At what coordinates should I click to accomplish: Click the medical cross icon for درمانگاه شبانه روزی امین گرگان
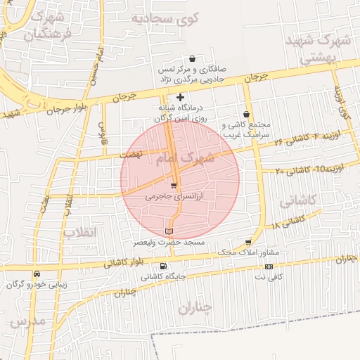[181, 97]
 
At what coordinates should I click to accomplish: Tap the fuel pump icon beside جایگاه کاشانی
[164, 266]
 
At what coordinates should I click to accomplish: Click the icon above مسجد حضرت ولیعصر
[167, 231]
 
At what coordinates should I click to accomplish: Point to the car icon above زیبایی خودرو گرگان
[37, 274]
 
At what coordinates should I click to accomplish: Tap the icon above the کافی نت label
[269, 266]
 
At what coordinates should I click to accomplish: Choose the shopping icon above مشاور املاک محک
[247, 241]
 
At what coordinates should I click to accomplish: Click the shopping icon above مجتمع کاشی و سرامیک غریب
[246, 114]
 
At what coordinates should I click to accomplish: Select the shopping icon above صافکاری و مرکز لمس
[192, 60]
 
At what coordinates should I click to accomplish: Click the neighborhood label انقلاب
[79, 231]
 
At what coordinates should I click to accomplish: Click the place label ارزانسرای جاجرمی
[173, 198]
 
